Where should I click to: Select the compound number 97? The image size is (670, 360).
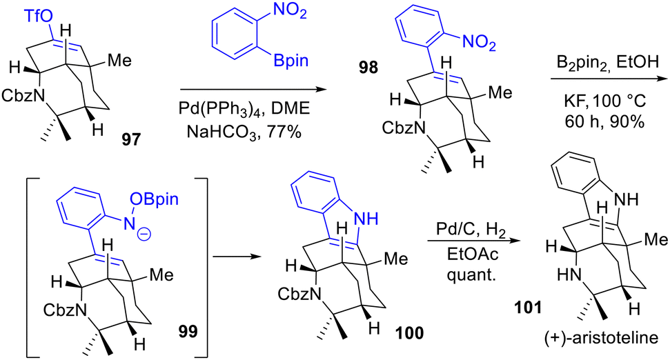pos(131,139)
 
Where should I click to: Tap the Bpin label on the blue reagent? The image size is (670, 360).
pos(290,61)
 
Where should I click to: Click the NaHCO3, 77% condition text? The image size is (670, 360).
pos(244,132)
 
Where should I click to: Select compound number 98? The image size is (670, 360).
pos(368,67)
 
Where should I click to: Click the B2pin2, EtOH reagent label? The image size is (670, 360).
pos(608,63)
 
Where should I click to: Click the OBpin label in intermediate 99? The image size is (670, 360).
pos(155,199)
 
